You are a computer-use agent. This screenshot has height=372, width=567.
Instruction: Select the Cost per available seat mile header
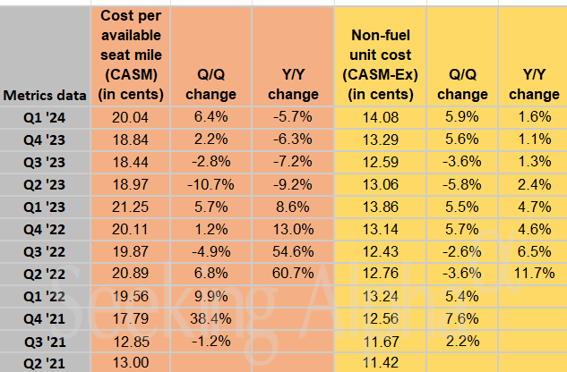[132, 55]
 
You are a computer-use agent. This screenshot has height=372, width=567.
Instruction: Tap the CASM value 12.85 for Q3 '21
[132, 340]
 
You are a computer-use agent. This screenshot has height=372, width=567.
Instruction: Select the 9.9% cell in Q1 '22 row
[214, 295]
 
